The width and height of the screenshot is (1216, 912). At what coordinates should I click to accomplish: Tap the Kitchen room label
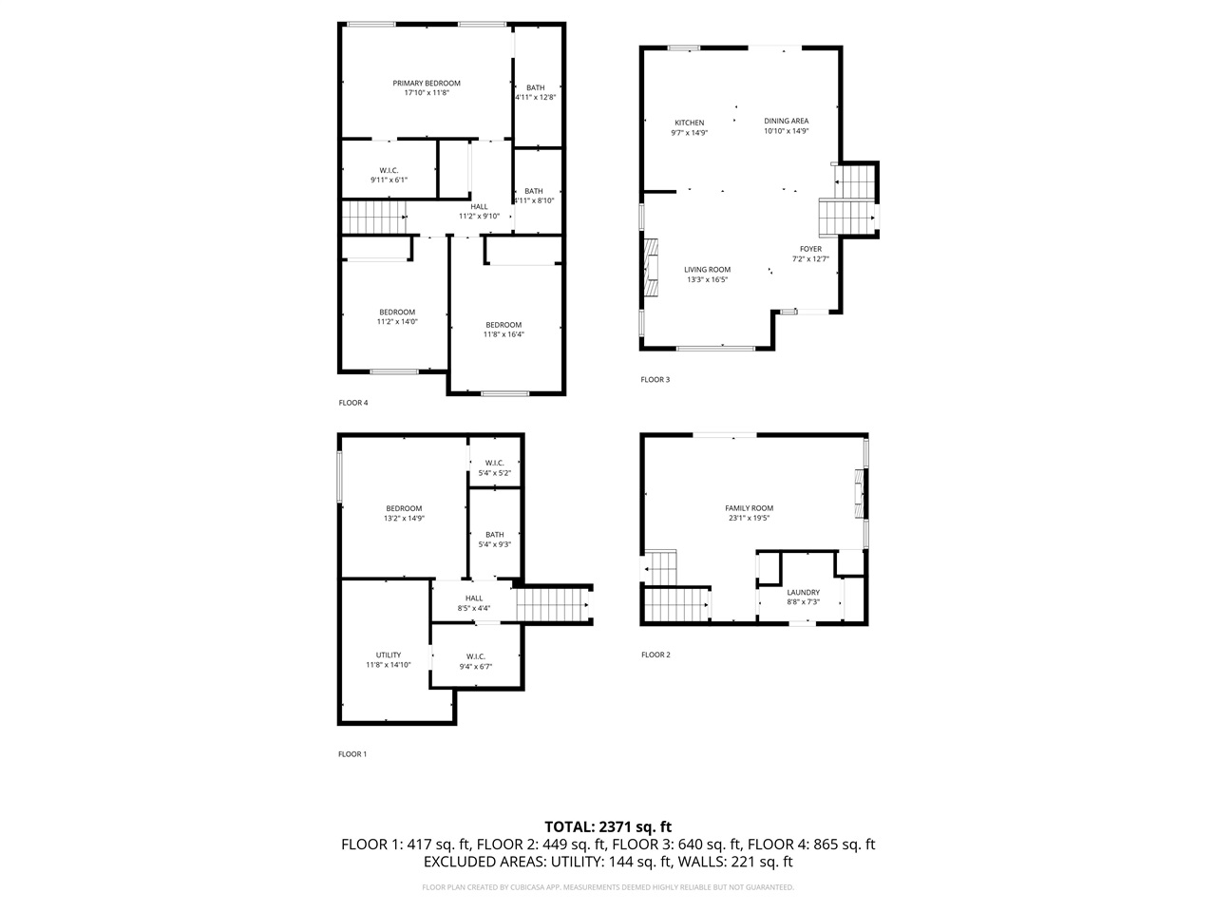[x=690, y=123]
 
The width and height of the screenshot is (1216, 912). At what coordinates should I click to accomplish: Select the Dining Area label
[x=787, y=121]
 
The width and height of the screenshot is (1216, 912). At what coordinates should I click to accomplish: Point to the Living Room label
[x=708, y=270]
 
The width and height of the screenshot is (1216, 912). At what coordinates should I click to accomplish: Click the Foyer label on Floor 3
[x=810, y=249]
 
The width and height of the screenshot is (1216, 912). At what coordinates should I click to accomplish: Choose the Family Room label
[x=749, y=508]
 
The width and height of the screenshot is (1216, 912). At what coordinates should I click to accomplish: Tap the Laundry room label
[x=803, y=593]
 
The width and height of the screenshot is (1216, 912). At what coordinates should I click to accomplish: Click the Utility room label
[x=388, y=655]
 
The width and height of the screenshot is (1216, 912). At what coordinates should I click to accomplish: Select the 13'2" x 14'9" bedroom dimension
[x=404, y=519]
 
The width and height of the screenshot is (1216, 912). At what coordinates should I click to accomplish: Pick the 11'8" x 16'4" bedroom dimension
[x=503, y=334]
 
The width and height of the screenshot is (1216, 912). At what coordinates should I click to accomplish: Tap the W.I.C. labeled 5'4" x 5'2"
[x=494, y=464]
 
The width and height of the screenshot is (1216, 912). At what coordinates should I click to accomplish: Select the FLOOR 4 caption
[x=353, y=403]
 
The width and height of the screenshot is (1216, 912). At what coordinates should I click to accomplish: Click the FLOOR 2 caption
[x=655, y=655]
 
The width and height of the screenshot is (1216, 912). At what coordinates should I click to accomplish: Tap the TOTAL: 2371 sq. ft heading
[x=608, y=826]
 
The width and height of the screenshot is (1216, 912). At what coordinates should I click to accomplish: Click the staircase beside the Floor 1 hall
[x=553, y=604]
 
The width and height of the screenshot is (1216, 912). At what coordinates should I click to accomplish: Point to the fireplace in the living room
[x=651, y=269]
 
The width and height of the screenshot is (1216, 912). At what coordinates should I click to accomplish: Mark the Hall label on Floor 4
[x=479, y=207]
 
